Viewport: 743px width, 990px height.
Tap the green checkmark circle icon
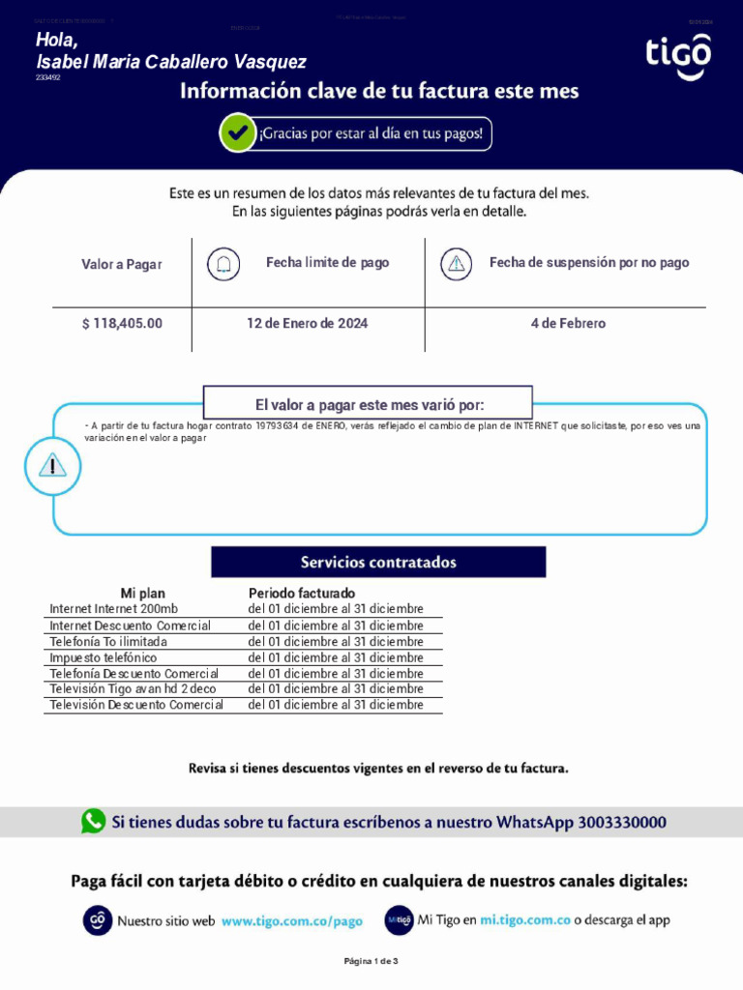(237, 133)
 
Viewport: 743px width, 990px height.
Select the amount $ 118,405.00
(122, 323)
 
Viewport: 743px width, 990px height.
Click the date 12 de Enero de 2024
(307, 323)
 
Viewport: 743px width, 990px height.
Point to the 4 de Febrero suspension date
(568, 323)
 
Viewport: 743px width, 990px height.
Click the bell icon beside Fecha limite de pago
(224, 264)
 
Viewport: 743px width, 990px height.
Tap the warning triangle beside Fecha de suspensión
(457, 264)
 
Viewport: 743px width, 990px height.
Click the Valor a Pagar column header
(122, 264)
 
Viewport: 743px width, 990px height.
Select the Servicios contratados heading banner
(378, 562)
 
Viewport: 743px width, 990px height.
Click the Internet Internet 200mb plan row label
(114, 609)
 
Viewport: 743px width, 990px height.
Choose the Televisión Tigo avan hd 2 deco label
(133, 689)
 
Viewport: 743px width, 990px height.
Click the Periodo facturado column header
(302, 593)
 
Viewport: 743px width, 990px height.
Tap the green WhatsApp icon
(94, 822)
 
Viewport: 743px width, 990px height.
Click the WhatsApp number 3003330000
(622, 823)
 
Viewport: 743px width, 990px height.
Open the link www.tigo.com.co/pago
(292, 921)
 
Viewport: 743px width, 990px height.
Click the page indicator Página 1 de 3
(371, 961)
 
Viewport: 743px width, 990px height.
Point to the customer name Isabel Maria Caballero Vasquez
(171, 62)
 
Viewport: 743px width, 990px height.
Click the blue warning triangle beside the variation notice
(53, 466)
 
